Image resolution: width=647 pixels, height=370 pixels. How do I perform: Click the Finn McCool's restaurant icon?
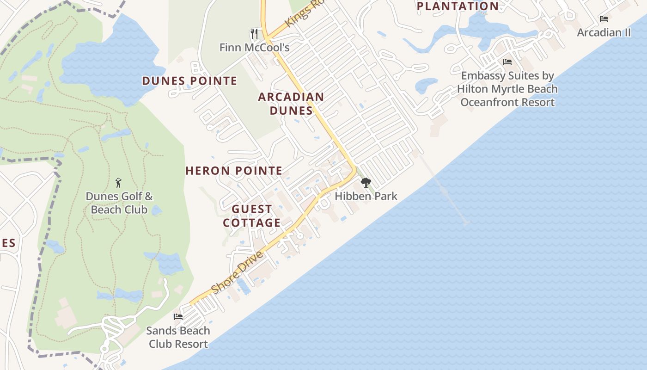[x=254, y=33]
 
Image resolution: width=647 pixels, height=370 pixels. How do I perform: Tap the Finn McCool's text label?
[x=254, y=47]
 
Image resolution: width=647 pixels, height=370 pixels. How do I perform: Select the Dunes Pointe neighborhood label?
[x=189, y=81]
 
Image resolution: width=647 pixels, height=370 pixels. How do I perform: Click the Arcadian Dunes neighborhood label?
[x=291, y=104]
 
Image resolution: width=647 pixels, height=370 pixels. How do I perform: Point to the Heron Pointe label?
[x=234, y=171]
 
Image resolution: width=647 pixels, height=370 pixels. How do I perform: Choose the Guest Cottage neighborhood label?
[x=252, y=216]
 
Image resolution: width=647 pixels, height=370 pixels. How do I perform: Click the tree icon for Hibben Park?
[x=366, y=182]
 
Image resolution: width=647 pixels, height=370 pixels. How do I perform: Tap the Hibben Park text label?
[x=366, y=196]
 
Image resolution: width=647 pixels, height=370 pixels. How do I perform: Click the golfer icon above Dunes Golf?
[x=118, y=183]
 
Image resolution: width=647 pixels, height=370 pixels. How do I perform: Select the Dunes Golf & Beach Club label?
[x=119, y=203]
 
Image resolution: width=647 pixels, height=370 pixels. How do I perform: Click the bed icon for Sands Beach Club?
[x=178, y=317]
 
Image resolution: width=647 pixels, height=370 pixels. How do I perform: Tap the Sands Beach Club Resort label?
[x=178, y=337]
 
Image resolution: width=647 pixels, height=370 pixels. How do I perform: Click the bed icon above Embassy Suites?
[x=507, y=62]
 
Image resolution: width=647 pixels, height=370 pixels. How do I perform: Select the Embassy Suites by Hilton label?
[x=507, y=89]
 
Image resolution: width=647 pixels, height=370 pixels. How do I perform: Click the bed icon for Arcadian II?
[x=604, y=19]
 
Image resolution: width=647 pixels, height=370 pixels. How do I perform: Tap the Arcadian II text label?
[x=604, y=32]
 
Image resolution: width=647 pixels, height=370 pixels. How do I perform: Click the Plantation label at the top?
[x=458, y=6]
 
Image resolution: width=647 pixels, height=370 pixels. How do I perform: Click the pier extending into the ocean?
[x=444, y=190]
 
